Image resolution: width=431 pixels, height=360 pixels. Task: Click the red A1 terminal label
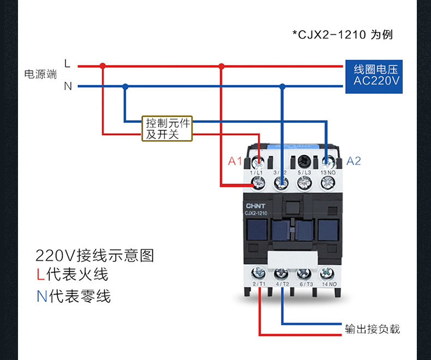click(x=235, y=161)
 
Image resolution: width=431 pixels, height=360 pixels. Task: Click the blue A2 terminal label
click(x=354, y=161)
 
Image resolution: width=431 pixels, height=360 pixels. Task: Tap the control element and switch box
click(x=167, y=129)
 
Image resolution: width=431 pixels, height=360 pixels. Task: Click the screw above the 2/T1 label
click(x=258, y=273)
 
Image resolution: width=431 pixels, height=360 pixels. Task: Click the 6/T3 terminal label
click(x=306, y=284)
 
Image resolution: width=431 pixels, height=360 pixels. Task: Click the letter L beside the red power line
click(x=67, y=64)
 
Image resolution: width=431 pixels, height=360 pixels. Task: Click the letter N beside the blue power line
click(x=68, y=86)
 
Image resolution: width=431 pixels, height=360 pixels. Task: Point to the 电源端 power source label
click(x=40, y=75)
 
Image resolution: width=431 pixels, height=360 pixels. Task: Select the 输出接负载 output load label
click(x=373, y=329)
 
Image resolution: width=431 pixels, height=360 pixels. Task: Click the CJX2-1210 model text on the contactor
click(x=255, y=214)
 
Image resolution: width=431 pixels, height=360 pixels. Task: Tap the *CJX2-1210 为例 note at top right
click(x=343, y=35)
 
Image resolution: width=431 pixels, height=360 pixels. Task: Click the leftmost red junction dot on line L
click(x=103, y=66)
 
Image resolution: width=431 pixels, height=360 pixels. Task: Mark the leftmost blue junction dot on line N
click(x=125, y=86)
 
